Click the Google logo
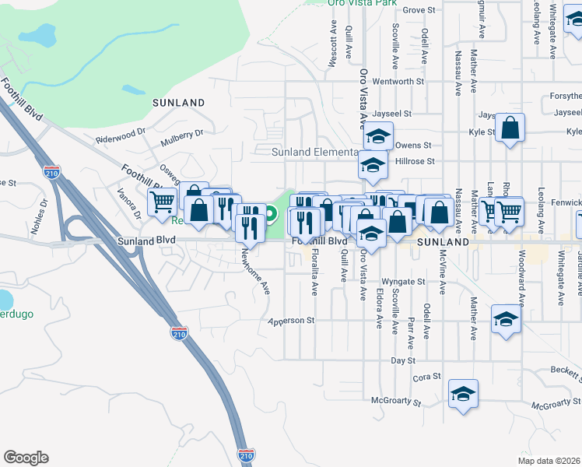(x=26, y=458)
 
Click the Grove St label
(x=418, y=10)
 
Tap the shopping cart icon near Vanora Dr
(x=162, y=202)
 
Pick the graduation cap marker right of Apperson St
(x=506, y=319)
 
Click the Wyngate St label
(x=403, y=282)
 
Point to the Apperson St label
(x=290, y=321)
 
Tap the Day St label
(x=403, y=361)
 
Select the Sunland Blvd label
(x=146, y=241)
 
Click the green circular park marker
(x=271, y=213)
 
